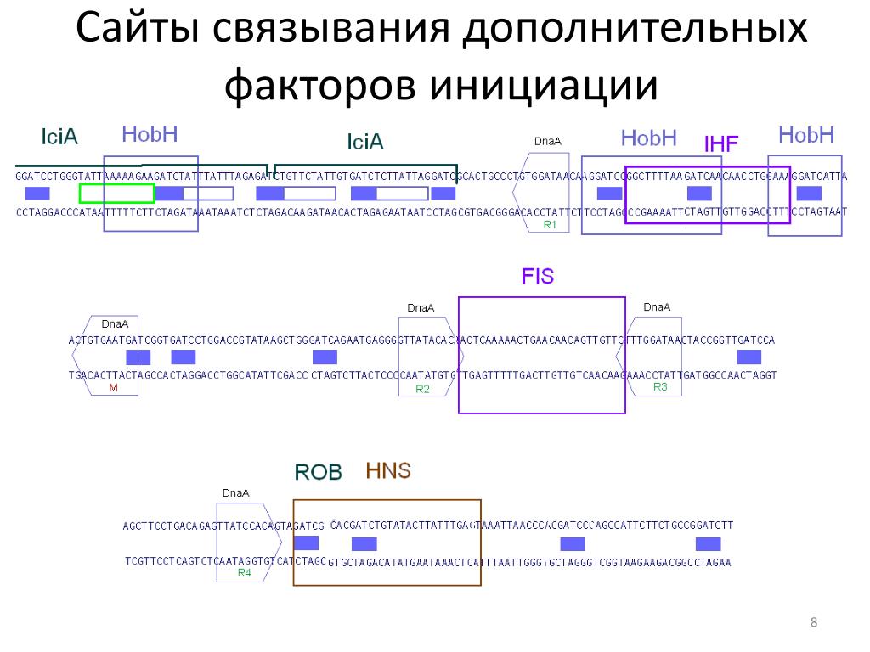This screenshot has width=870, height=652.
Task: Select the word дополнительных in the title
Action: click(x=632, y=28)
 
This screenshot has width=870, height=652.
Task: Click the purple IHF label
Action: click(x=721, y=143)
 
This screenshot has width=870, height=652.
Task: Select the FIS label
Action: click(x=537, y=278)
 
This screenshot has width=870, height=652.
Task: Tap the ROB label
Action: click(x=318, y=472)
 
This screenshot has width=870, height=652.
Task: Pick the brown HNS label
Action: click(x=388, y=470)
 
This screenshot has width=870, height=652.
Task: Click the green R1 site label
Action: click(x=549, y=225)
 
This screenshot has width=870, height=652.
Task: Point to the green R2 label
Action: click(x=422, y=389)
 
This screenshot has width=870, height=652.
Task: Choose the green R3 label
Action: click(x=660, y=386)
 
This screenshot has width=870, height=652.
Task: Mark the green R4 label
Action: click(x=244, y=573)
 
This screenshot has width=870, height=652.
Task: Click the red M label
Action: click(x=113, y=387)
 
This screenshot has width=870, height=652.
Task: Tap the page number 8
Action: click(x=814, y=625)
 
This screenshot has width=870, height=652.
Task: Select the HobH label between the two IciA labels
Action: click(x=150, y=134)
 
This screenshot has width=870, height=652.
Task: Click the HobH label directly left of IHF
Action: click(x=648, y=137)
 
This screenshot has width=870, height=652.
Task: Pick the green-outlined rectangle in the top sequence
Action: click(x=116, y=194)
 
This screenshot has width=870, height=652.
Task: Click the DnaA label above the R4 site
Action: click(x=235, y=492)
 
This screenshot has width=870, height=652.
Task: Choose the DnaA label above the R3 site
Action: click(x=657, y=306)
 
